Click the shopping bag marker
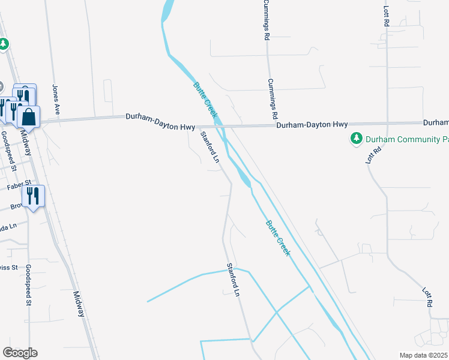(28, 116)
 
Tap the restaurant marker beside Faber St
(33, 196)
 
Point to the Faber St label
(18, 187)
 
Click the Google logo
(20, 353)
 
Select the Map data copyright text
(423, 355)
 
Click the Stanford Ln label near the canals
(233, 279)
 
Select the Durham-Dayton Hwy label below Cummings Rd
(312, 125)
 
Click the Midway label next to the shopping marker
(26, 143)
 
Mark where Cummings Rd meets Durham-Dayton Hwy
(270, 125)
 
